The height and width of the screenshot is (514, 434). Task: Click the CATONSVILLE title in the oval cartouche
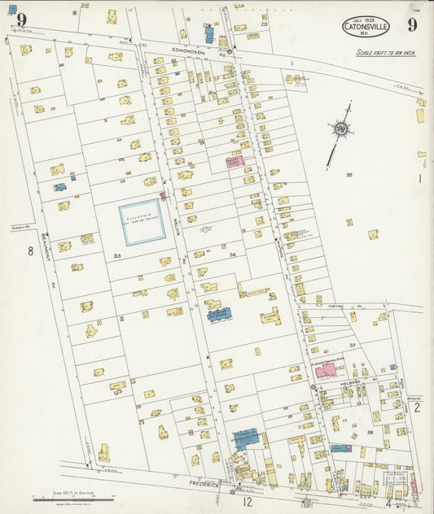(x=366, y=25)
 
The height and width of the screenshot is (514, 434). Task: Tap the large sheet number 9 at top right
(x=413, y=24)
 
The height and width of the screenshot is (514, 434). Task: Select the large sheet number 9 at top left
(x=20, y=20)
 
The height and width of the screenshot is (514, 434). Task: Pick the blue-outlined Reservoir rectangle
(x=142, y=222)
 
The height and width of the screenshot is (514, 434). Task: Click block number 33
(x=117, y=256)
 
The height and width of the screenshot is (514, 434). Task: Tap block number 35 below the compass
(x=349, y=175)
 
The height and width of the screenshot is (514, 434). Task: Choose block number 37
(x=353, y=346)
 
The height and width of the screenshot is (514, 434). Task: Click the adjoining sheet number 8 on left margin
(x=31, y=250)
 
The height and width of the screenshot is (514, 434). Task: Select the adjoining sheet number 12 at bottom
(x=247, y=502)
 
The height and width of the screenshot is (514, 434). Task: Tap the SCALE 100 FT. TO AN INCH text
(x=385, y=53)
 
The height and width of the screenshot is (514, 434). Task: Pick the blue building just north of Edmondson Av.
(x=209, y=34)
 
